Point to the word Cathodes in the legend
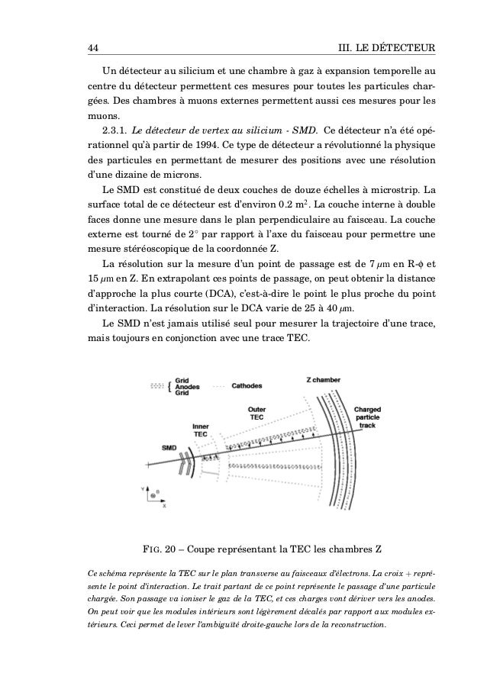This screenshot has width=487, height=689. click(250, 386)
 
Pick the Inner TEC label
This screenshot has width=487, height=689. click(200, 430)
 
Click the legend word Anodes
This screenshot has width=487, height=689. click(188, 386)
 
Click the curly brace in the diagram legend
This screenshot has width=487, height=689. click(169, 386)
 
